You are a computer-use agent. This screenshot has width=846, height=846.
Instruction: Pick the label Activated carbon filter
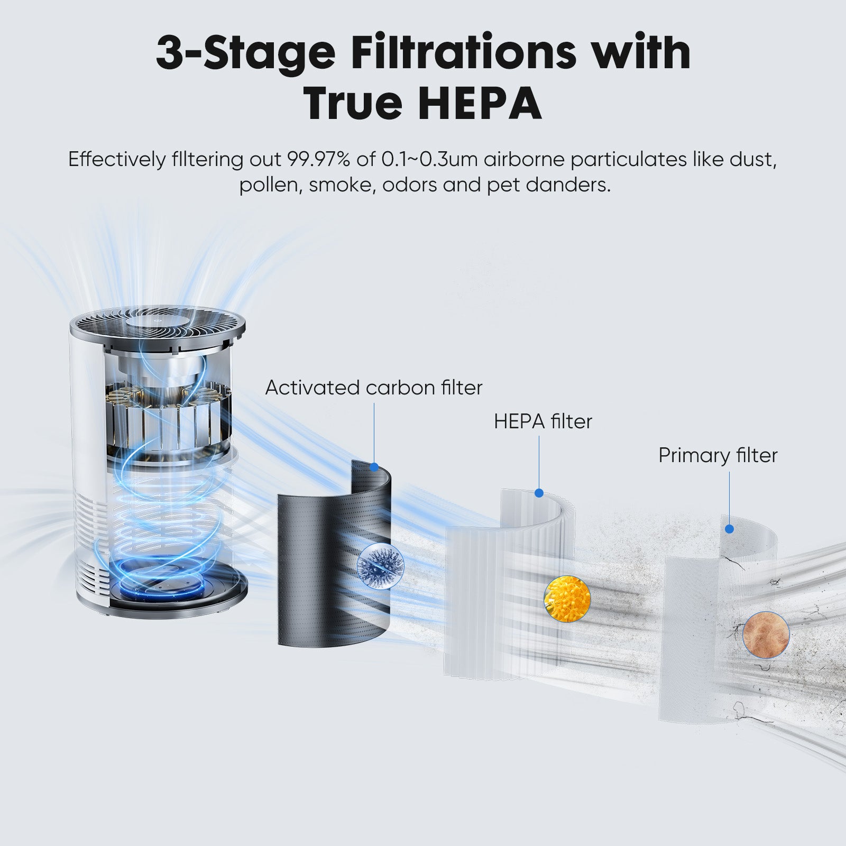coord(374,388)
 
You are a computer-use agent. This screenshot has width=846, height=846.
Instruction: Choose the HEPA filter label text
coord(543,421)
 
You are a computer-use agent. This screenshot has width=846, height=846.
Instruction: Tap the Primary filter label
coord(718,455)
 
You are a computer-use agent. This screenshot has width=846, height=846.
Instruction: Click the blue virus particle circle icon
coord(380,563)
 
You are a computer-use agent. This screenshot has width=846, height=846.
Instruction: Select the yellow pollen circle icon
coord(567,599)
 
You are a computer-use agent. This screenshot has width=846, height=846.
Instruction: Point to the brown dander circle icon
coord(766,634)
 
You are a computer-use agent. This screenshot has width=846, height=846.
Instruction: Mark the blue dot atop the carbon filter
coord(374,467)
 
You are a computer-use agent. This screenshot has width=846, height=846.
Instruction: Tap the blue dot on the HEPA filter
coord(539,493)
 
